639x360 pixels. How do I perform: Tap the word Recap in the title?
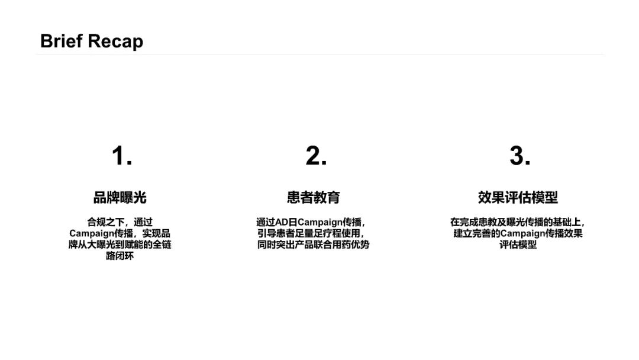(116, 41)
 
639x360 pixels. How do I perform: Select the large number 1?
(121, 156)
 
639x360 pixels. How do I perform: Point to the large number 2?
(316, 156)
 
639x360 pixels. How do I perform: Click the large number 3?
(519, 156)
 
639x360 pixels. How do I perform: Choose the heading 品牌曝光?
(120, 197)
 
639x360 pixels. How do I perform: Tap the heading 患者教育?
(314, 197)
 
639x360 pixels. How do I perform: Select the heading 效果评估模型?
(518, 197)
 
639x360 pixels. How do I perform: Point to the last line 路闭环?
(120, 256)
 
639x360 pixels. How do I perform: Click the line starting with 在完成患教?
(518, 222)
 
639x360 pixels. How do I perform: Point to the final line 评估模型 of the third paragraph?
(518, 245)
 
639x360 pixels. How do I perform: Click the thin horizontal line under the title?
(319, 54)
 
